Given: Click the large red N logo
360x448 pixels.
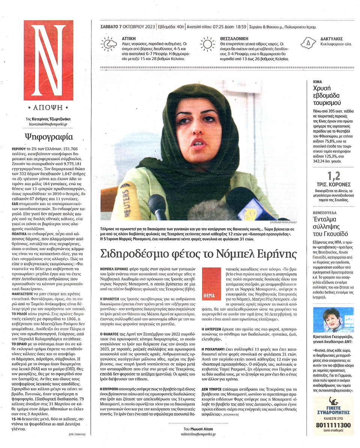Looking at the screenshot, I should tap(48, 60).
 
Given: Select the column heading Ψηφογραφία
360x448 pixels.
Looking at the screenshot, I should tap(48, 136).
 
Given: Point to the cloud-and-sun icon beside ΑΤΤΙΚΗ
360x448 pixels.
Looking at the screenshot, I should tap(109, 44).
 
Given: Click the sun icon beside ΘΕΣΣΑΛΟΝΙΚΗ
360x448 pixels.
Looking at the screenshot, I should tap(207, 43).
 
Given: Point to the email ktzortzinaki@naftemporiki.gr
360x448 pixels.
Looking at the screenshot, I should tap(48, 124).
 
